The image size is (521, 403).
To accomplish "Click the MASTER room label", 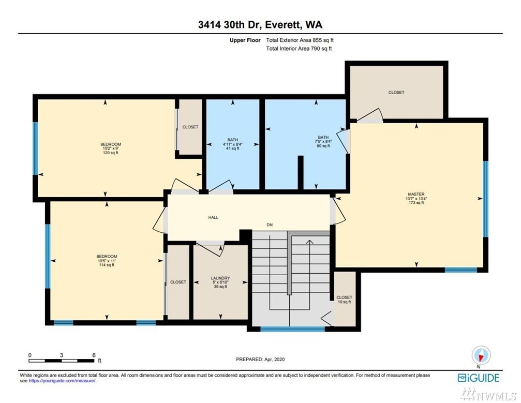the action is (416, 194).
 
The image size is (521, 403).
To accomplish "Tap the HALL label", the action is (213, 217).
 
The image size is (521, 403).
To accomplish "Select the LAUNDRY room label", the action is (220, 278).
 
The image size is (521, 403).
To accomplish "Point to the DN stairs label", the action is (270, 225).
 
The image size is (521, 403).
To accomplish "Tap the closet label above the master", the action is (396, 93).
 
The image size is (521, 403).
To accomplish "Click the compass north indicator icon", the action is (481, 356).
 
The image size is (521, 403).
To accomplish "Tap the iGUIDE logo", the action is (479, 378).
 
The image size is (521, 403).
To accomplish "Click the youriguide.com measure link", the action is (62, 381).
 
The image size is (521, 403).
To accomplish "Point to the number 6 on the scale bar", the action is (94, 355).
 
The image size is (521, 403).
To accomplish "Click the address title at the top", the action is (260, 25).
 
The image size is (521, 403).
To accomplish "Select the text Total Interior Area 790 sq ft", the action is (299, 49).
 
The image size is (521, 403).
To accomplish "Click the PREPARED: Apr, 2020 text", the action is (260, 359).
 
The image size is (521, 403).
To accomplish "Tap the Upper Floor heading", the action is (245, 40).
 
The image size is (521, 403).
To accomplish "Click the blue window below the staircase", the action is (292, 329).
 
